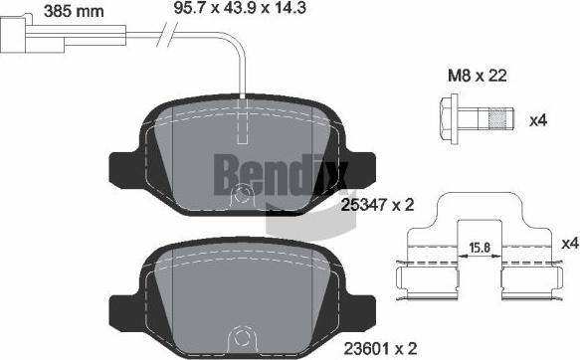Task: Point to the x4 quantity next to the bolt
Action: (x=538, y=121)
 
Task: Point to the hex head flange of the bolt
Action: (x=448, y=121)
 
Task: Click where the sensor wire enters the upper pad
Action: (x=243, y=97)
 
